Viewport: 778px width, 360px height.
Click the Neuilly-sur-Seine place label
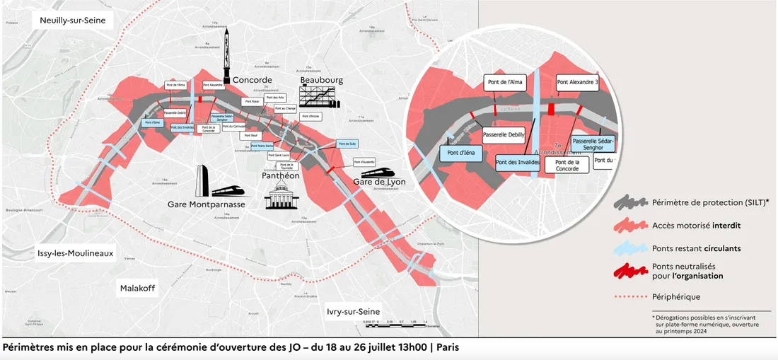73,21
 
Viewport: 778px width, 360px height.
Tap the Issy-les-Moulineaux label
76,253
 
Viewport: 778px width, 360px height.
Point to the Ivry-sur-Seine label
354,311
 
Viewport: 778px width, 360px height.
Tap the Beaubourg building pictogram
320,96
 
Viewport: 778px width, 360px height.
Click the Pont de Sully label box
347,144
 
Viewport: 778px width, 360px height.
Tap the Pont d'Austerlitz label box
364,161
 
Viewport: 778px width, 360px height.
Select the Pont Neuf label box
250,134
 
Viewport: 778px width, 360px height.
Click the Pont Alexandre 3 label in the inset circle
577,83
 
